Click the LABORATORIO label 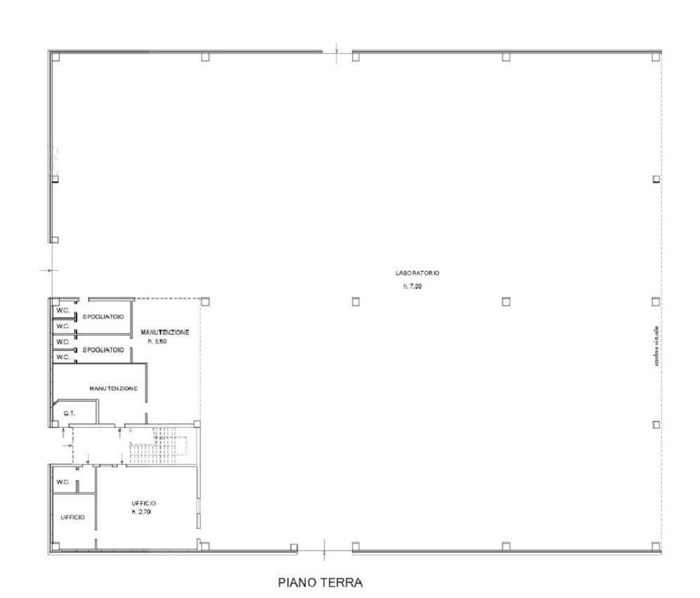tap(418, 272)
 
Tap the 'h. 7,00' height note tap(412, 286)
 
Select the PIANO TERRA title tap(320, 583)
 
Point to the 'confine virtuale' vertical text tap(656, 346)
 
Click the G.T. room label tap(69, 413)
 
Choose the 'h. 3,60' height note tap(157, 341)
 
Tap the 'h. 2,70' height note tap(141, 512)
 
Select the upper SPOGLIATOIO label tap(103, 317)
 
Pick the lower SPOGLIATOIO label tap(103, 349)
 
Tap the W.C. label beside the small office tap(62, 482)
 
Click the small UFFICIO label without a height tap(72, 517)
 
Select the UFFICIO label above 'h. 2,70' tap(144, 503)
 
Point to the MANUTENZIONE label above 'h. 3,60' tap(165, 332)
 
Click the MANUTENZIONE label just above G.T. tap(113, 388)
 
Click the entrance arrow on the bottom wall tap(325, 548)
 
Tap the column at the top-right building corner tap(656, 56)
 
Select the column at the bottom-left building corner tap(55, 545)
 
